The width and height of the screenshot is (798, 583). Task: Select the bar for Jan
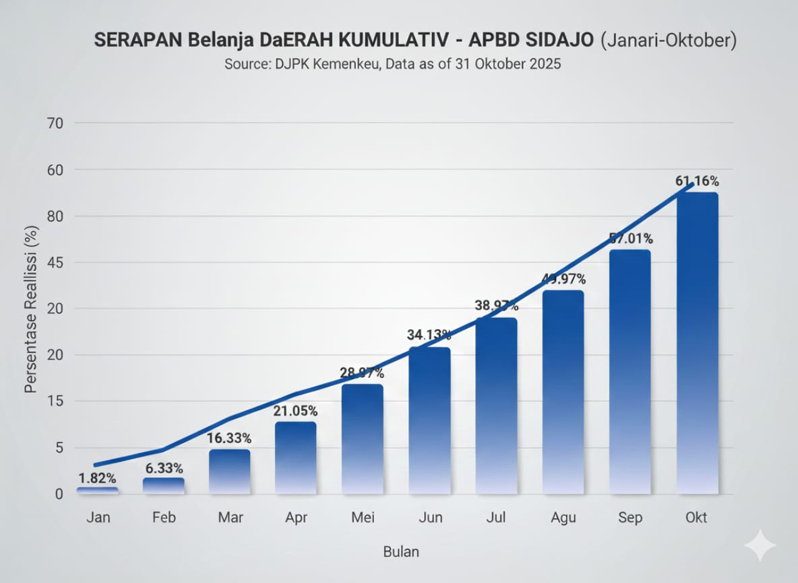point(97,491)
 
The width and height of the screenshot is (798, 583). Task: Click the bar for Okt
point(697,343)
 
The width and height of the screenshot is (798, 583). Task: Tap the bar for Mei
point(362,439)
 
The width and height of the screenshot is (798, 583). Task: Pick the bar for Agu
point(563,392)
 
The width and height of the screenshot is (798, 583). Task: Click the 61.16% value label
point(697,181)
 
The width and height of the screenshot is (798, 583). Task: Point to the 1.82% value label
point(97,478)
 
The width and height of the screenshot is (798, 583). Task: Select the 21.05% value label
point(296,411)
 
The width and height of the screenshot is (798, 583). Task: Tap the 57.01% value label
point(631,239)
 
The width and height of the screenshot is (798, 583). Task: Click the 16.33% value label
point(229,438)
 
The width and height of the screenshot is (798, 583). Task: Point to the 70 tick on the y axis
point(55,123)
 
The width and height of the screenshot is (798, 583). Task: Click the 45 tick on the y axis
point(55,263)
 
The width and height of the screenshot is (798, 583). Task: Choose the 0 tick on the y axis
point(59,494)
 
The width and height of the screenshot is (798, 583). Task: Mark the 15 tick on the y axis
point(55,401)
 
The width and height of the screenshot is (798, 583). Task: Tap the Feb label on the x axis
point(164,518)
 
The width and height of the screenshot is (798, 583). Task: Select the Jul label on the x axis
point(496,518)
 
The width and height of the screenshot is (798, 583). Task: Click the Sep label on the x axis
point(630,518)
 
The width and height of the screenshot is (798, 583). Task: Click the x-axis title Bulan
point(401,552)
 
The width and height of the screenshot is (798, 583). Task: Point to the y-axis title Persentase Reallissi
point(31,309)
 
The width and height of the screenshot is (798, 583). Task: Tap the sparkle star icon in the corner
point(759,546)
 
